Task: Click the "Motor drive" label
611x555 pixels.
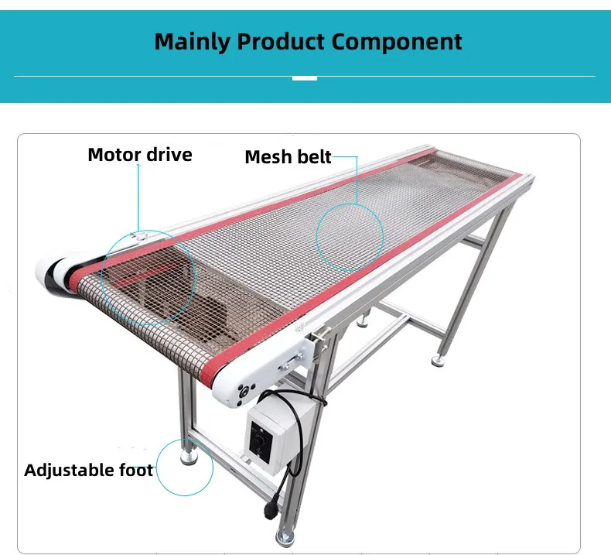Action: pyautogui.click(x=139, y=155)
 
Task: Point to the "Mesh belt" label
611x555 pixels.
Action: pyautogui.click(x=288, y=157)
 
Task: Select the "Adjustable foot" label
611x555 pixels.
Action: pyautogui.click(x=88, y=470)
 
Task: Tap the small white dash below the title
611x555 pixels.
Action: pyautogui.click(x=305, y=77)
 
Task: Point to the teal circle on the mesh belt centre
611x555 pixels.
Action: pyautogui.click(x=350, y=231)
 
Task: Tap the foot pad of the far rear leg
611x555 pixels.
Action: pyautogui.click(x=439, y=359)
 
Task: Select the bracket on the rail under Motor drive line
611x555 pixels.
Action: pyautogui.click(x=138, y=235)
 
